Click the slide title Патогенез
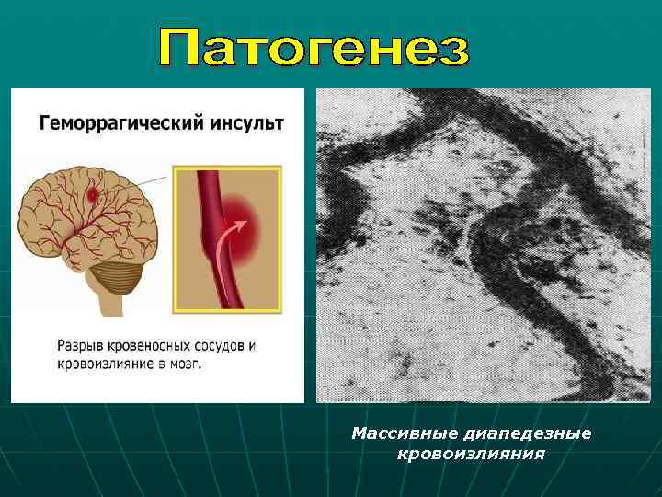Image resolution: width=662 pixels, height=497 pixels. click(314, 48)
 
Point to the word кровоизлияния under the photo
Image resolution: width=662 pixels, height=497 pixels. click(470, 454)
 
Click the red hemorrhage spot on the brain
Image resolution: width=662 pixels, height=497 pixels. click(92, 194)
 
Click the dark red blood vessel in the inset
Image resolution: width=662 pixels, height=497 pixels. click(208, 202)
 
